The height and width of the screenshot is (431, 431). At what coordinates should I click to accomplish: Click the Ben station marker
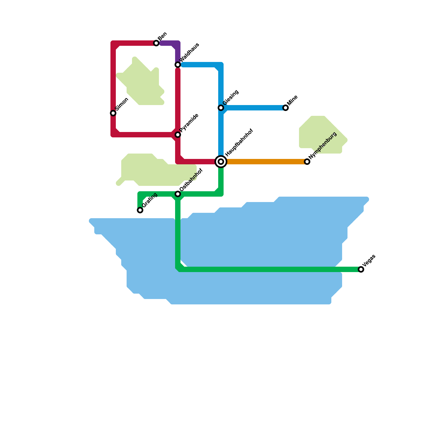(x=156, y=43)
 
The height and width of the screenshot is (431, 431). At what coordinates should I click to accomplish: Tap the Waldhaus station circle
(x=178, y=65)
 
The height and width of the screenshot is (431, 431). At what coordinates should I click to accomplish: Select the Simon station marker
(x=113, y=113)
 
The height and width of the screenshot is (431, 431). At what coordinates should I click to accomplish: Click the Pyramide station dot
(x=178, y=135)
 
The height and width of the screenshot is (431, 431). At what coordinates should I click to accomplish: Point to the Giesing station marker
(x=221, y=108)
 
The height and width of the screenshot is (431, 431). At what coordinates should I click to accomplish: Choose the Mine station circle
(x=286, y=108)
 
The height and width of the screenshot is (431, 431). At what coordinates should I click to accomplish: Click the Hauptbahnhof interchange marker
(x=221, y=162)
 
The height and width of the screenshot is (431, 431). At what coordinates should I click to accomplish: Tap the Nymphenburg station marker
(x=307, y=162)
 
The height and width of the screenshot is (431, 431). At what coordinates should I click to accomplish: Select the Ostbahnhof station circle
(x=178, y=194)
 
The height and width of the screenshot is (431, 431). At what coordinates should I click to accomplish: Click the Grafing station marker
(x=140, y=210)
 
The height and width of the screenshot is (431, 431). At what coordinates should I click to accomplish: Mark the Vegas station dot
(x=361, y=269)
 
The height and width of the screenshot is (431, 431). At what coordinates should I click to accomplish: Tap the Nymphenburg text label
(x=323, y=145)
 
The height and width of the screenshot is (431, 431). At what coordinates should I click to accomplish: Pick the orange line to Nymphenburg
(x=264, y=162)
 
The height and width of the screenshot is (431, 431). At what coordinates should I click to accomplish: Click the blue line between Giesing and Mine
(x=253, y=108)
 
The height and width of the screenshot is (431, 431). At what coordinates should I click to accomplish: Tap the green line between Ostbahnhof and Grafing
(x=159, y=194)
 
